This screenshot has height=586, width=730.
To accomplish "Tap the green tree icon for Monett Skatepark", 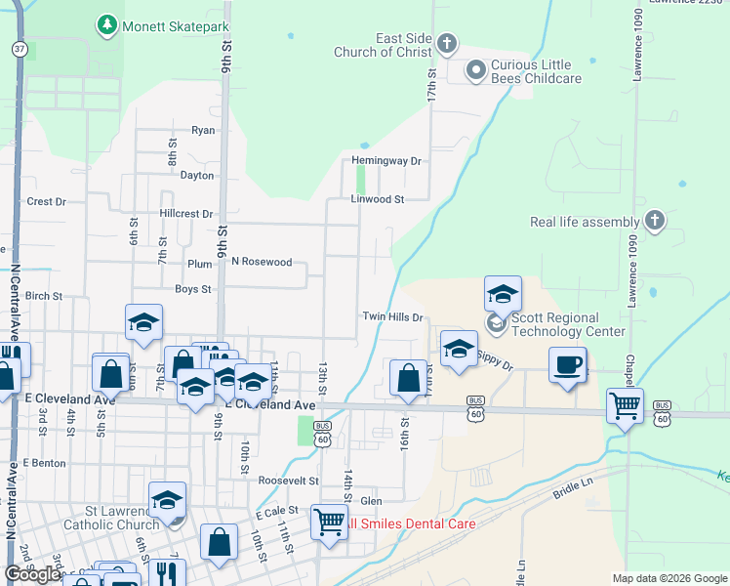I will [x=106, y=23].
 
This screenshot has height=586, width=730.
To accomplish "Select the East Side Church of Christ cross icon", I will [x=447, y=43].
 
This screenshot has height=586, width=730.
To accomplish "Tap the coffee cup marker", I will [x=568, y=366].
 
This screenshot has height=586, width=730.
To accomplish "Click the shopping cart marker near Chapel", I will [x=625, y=405].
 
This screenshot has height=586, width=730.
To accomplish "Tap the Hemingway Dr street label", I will [x=386, y=161].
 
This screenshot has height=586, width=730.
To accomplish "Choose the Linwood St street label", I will [x=377, y=199].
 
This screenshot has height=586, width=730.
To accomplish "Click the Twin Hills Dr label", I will [x=392, y=317].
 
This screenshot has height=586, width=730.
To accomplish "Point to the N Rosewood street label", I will [x=262, y=262].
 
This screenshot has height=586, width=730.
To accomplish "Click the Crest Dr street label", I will [x=46, y=202].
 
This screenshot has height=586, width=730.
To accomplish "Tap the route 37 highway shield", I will [x=19, y=48].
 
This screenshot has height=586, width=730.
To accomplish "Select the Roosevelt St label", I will [x=288, y=481].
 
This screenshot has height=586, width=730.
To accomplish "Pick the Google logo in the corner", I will [x=32, y=574].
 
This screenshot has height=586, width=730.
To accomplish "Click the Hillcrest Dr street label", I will [x=185, y=214].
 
